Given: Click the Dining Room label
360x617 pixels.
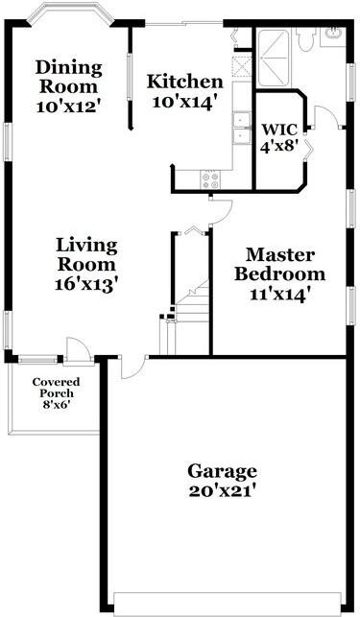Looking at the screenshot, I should pyautogui.click(x=69, y=76).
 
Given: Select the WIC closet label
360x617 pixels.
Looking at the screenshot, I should pyautogui.click(x=280, y=130).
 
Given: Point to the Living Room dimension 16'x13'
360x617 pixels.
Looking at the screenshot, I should pyautogui.click(x=85, y=284).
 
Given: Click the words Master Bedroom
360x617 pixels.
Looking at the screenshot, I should pyautogui.click(x=279, y=264).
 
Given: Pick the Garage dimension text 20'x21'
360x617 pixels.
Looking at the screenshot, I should pyautogui.click(x=223, y=490).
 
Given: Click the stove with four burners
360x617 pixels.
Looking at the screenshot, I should pyautogui.click(x=210, y=178).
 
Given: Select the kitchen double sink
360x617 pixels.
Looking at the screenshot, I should pyautogui.click(x=240, y=126).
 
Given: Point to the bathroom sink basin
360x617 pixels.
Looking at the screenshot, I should pyautogui.click(x=333, y=36).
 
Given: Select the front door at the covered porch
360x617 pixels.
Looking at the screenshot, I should pyautogui.click(x=78, y=349).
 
